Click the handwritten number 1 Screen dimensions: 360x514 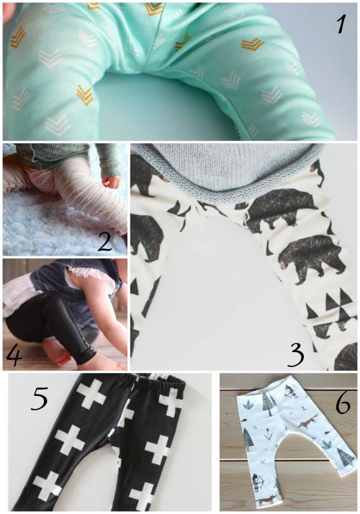click(341, 24)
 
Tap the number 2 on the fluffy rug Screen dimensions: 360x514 click(105, 240)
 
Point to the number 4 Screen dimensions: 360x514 click(14, 356)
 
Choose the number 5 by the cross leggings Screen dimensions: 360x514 click(40, 398)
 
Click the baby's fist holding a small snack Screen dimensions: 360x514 click(112, 181)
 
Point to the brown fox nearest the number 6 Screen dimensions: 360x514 click(309, 421)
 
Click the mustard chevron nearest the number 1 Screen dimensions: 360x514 click(253, 44)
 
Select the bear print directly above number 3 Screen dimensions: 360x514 click(312, 258)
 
